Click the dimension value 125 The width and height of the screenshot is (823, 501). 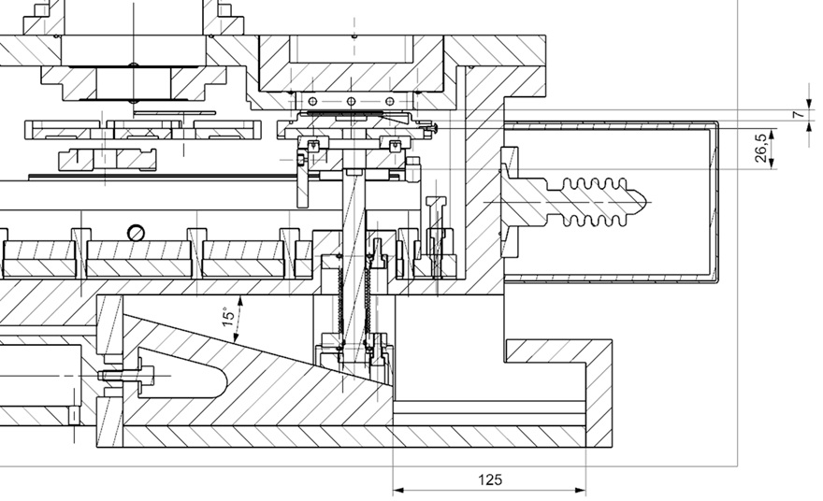[490, 480]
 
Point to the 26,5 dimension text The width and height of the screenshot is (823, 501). [761, 148]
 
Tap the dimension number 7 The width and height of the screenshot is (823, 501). [799, 114]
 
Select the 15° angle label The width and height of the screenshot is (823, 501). [228, 317]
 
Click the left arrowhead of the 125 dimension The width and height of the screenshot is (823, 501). [398, 491]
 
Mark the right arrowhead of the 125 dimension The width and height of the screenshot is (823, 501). [580, 491]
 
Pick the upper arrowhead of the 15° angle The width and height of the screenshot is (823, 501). [241, 301]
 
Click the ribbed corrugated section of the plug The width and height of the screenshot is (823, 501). [595, 202]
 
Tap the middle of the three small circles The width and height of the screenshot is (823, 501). [351, 101]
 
